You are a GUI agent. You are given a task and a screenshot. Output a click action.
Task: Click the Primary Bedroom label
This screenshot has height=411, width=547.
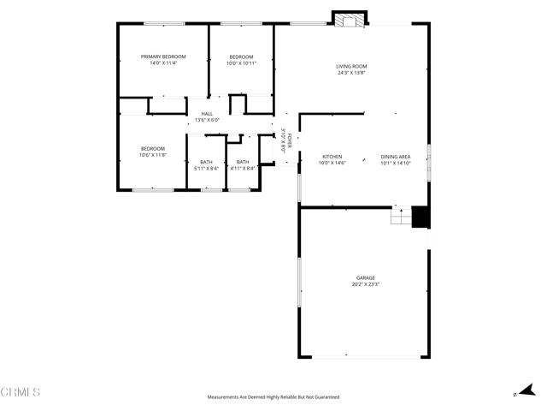tap(163, 57)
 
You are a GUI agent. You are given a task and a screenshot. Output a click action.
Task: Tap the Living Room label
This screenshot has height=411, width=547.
tap(351, 66)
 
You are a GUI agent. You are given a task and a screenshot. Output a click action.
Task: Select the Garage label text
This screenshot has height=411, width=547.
tap(366, 277)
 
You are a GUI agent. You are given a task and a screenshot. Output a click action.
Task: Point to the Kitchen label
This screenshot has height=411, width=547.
tap(332, 157)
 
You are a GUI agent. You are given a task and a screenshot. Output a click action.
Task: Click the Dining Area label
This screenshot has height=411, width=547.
tap(396, 157)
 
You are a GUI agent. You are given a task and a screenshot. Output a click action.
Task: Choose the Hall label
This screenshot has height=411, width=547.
tap(207, 114)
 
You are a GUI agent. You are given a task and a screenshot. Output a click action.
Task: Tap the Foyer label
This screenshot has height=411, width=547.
tap(289, 140)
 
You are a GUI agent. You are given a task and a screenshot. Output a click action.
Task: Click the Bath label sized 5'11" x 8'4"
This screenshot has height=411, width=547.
tap(206, 162)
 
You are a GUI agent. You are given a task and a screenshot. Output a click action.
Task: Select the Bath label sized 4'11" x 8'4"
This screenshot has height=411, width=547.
tap(243, 162)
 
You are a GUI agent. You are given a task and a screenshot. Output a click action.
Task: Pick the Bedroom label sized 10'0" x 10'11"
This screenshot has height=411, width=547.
tap(242, 57)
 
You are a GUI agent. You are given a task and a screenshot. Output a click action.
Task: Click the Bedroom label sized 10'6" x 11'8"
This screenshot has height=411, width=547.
tap(153, 149)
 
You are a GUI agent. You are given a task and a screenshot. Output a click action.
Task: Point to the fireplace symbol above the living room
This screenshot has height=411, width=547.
tap(349, 20)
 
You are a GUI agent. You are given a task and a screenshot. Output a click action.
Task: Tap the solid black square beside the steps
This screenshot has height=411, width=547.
tap(421, 217)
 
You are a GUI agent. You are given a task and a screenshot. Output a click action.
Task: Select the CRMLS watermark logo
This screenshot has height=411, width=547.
tap(21, 392)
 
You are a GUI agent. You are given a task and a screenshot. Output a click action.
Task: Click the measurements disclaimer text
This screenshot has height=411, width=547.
tap(273, 397)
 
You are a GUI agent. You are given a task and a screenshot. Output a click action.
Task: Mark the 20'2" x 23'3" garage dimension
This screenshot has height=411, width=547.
tap(366, 284)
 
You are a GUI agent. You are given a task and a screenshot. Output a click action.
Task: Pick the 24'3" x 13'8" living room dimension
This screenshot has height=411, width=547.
tap(351, 73)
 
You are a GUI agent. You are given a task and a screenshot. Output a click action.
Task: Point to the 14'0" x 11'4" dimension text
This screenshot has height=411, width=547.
tap(163, 63)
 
